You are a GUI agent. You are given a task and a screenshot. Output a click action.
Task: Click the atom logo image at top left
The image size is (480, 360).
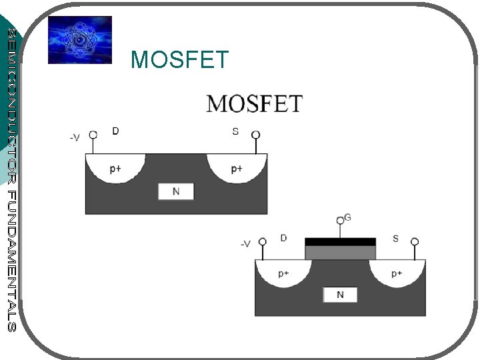point(80,40)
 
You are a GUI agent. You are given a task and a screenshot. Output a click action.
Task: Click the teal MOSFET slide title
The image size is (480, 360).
point(180,60)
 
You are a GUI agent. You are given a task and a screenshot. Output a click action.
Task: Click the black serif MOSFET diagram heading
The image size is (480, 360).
point(254,104)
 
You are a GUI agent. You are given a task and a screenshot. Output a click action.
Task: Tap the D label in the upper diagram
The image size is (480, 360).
point(116,131)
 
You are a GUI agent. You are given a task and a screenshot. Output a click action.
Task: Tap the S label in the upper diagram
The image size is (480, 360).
point(235,131)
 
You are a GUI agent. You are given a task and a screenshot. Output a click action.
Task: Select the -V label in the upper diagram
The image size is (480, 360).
point(75,137)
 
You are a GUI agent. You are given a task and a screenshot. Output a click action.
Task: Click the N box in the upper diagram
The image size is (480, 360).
point(176,191)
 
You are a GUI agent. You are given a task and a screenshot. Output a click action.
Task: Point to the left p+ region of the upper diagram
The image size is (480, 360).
point(115,169)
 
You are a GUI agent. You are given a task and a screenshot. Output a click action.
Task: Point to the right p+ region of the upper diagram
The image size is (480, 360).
point(237,169)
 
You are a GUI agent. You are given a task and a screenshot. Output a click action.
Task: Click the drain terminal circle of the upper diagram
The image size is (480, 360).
point(93,135)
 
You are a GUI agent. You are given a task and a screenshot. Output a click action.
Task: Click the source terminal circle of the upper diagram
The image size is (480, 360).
point(255,135)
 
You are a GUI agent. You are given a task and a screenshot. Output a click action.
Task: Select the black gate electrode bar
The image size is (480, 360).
point(340,241)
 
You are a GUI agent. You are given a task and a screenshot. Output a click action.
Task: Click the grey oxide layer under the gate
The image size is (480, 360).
point(340,253)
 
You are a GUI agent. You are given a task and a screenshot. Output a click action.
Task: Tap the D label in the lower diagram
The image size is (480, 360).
point(284,238)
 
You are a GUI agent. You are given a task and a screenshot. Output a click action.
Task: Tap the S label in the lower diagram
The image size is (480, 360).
point(396,238)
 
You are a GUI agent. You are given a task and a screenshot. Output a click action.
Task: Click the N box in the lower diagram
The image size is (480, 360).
point(340,295)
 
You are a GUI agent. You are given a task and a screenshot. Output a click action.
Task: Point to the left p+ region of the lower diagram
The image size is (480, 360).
point(284,273)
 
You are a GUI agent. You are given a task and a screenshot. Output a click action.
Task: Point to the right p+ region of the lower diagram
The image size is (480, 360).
point(397,273)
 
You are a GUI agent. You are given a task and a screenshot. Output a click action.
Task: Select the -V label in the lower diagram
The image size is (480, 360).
point(245,244)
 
